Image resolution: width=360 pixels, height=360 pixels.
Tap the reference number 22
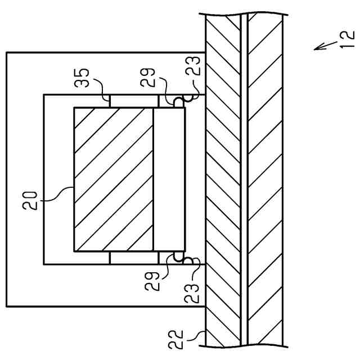point(176,339)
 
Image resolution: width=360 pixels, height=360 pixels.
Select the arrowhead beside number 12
point(317,48)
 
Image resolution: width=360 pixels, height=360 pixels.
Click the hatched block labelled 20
point(113,179)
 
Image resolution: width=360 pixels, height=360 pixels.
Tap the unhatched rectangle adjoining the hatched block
point(169,179)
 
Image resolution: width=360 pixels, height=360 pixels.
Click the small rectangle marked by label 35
point(133,101)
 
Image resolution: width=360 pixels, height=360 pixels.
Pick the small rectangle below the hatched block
point(133,258)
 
